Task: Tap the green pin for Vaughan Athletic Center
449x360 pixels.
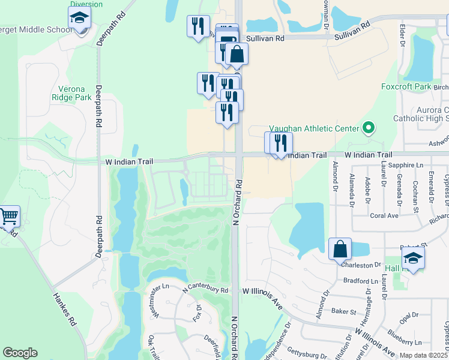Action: [x=369, y=128]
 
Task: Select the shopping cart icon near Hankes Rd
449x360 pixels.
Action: [x=8, y=216]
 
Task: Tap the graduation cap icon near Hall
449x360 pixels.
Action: [x=412, y=259]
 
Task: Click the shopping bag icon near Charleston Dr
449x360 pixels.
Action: [x=340, y=248]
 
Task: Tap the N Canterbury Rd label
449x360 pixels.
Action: [x=206, y=289]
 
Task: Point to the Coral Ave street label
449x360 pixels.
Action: [x=384, y=215]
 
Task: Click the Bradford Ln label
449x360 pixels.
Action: [x=358, y=280]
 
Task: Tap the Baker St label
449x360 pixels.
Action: [x=344, y=311]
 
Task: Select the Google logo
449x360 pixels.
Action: [x=20, y=353]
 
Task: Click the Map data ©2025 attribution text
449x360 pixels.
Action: [x=423, y=355]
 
